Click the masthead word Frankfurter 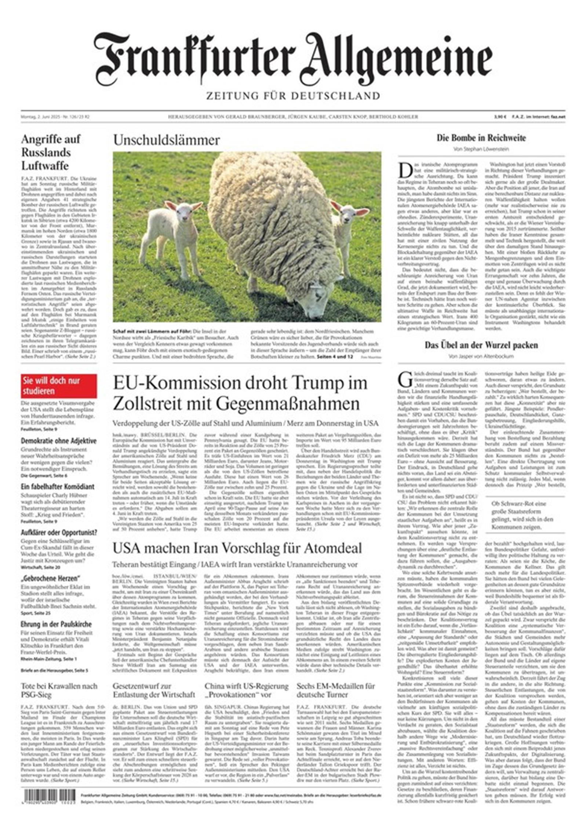(x=194, y=59)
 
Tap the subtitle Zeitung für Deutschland (x=293, y=96)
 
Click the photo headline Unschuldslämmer (x=166, y=140)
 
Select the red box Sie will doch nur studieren (x=59, y=386)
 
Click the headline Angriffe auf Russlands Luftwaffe (x=51, y=152)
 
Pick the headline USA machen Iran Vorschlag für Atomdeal (x=237, y=548)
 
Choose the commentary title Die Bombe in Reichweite (x=481, y=138)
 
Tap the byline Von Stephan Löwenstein (x=481, y=149)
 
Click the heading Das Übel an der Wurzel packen (x=481, y=345)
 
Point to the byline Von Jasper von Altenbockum (x=481, y=356)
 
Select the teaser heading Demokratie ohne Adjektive (x=59, y=441)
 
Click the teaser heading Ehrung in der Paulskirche (x=56, y=624)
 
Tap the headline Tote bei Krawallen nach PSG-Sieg (x=59, y=690)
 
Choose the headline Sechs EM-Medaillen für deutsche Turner (x=336, y=690)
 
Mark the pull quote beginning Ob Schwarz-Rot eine (x=522, y=515)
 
